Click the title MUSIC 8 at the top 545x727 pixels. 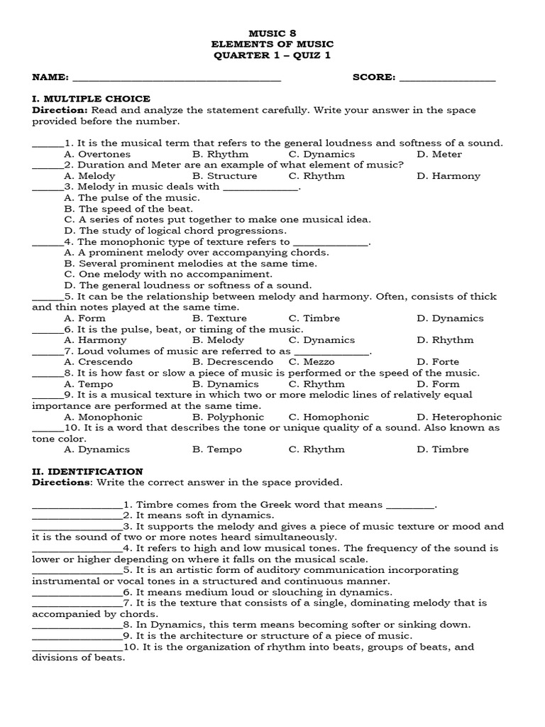[272, 33]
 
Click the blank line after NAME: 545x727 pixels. [177, 79]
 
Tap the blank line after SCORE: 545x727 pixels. [448, 79]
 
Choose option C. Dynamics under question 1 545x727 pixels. [321, 154]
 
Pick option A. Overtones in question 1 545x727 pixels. [97, 154]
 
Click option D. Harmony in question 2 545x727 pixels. [448, 176]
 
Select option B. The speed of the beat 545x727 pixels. [128, 209]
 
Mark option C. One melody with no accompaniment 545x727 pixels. [168, 274]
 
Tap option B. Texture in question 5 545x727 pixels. [220, 318]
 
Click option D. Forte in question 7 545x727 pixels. [438, 362]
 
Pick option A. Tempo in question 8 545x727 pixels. [89, 384]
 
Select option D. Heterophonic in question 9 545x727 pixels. [459, 417]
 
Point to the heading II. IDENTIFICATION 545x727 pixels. [87, 471]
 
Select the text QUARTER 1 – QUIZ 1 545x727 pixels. [272, 55]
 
